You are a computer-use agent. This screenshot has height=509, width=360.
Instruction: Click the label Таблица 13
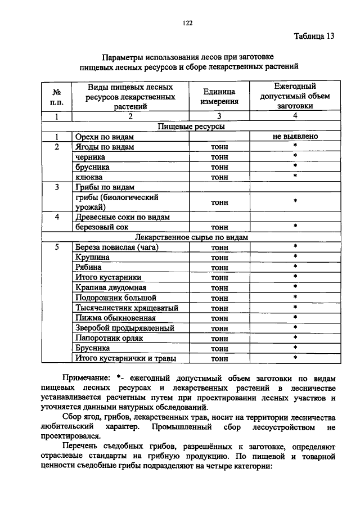point(314,37)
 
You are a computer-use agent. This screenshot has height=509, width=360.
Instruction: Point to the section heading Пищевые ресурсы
point(191,127)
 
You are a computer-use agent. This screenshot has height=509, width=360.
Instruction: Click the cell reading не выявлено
point(294,137)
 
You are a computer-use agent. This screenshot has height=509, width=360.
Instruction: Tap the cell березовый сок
point(100,227)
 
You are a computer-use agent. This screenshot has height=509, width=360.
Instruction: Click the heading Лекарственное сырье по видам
point(191,237)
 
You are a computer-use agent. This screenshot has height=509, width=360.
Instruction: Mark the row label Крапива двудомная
point(110,287)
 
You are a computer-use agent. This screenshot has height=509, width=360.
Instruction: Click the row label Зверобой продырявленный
point(124,328)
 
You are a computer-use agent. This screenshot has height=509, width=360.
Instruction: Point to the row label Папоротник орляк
point(109,338)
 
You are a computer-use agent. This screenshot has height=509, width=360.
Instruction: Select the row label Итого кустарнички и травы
point(125,358)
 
